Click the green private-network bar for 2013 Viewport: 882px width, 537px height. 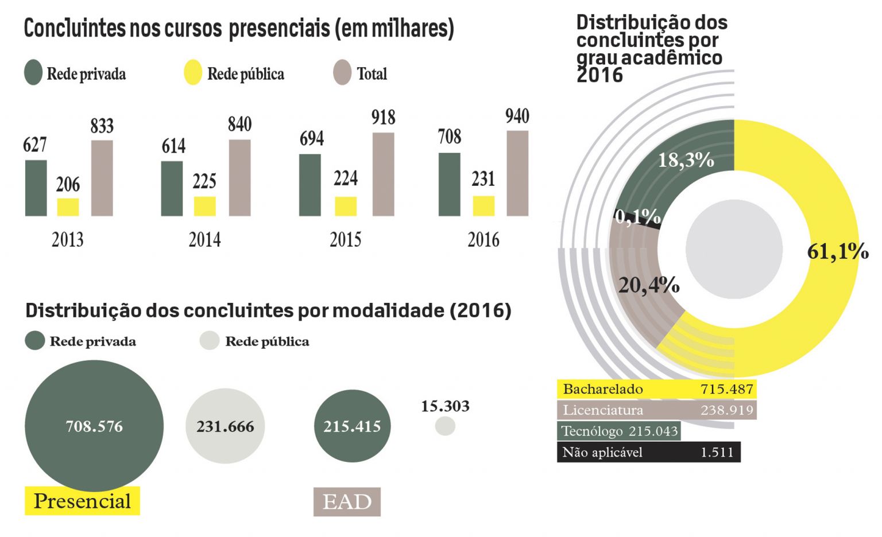(x=36, y=188)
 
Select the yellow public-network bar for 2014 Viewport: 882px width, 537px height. (x=204, y=206)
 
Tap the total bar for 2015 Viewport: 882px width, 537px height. (x=383, y=174)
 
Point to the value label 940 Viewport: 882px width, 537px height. (x=517, y=116)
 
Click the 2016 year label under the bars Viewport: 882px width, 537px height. (x=483, y=239)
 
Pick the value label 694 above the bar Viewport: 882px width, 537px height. (x=311, y=139)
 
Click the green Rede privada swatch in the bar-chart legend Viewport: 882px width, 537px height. (x=33, y=73)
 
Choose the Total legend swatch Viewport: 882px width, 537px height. (x=342, y=73)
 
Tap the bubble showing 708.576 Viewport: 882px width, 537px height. (x=94, y=426)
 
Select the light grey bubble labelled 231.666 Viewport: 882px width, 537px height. (x=225, y=426)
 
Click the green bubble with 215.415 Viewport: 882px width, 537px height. (x=352, y=426)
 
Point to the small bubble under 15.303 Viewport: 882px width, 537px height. (x=445, y=426)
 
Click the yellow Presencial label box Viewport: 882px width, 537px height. (x=82, y=501)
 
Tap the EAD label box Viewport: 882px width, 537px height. (x=347, y=502)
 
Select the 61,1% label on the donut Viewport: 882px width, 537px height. (x=837, y=251)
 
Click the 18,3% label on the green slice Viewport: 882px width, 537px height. (x=686, y=160)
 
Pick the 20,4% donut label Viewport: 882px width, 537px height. (x=649, y=285)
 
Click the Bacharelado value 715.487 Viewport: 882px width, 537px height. (x=726, y=389)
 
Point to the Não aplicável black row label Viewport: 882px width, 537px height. (x=602, y=452)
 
